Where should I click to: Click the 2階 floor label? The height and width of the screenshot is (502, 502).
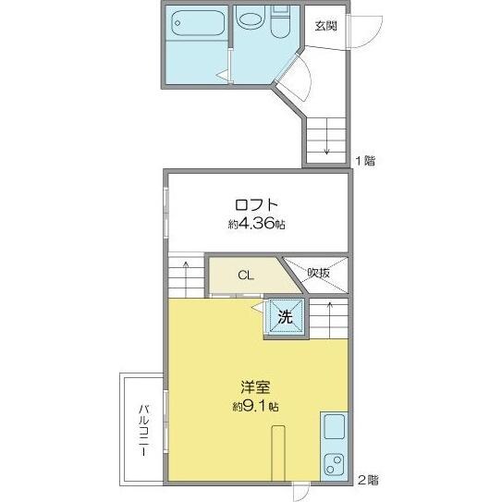[x=367, y=480]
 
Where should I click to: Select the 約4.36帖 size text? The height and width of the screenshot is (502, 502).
[x=254, y=225]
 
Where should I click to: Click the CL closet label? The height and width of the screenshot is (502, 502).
[x=244, y=275]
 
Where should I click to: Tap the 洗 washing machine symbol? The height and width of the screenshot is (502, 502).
[x=286, y=317]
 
